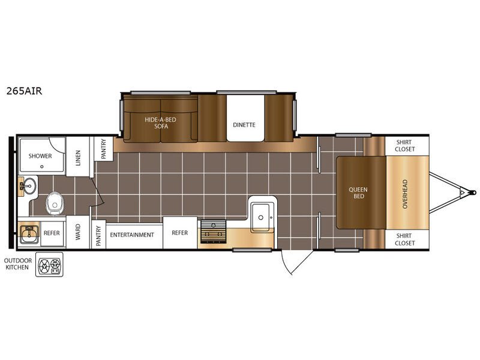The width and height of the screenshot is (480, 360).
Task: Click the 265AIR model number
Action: click(x=24, y=91)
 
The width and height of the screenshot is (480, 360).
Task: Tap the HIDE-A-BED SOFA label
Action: click(x=160, y=123)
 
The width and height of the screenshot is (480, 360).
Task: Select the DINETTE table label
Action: click(x=244, y=125)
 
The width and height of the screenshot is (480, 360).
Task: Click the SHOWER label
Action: click(x=40, y=156)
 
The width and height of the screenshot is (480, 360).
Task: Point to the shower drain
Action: click(x=42, y=167)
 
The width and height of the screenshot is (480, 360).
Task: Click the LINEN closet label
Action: click(x=78, y=158)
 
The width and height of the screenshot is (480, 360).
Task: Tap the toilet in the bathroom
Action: click(x=55, y=203)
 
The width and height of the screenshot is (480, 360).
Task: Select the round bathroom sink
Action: click(x=29, y=186)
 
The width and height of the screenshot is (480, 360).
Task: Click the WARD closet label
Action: click(x=78, y=232)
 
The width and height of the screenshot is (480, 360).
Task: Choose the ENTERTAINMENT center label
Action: click(x=132, y=235)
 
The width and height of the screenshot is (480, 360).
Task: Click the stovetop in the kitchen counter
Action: click(x=213, y=232)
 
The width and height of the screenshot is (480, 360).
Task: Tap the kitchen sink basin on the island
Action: click(x=261, y=217)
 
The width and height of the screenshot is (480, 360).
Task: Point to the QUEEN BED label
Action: click(x=358, y=193)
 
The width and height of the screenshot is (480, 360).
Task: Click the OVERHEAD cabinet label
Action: click(x=405, y=194)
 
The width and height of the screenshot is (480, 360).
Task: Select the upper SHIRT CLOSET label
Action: click(x=404, y=146)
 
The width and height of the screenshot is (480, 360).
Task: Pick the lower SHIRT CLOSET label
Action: click(x=404, y=239)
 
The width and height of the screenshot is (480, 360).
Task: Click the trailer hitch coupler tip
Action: click(x=474, y=193)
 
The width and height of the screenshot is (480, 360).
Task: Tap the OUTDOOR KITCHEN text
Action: click(x=18, y=264)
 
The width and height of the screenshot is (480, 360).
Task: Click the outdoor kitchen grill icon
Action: click(x=49, y=265)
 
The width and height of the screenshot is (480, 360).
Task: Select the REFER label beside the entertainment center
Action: click(x=179, y=233)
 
